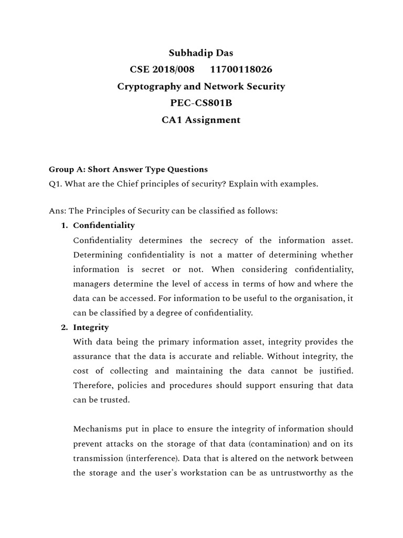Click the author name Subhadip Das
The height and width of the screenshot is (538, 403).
tap(201, 53)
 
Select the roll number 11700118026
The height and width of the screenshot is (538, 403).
tap(241, 69)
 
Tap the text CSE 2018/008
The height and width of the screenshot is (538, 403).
tap(162, 69)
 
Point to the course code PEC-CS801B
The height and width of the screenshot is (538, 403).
tap(201, 103)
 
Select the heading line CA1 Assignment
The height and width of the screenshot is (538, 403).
tap(201, 120)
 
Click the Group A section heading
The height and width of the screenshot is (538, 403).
tap(128, 169)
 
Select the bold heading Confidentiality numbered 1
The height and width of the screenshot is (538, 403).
tap(104, 225)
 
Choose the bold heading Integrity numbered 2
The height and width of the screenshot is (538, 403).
tap(91, 327)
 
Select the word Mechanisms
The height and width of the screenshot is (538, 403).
tap(97, 429)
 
